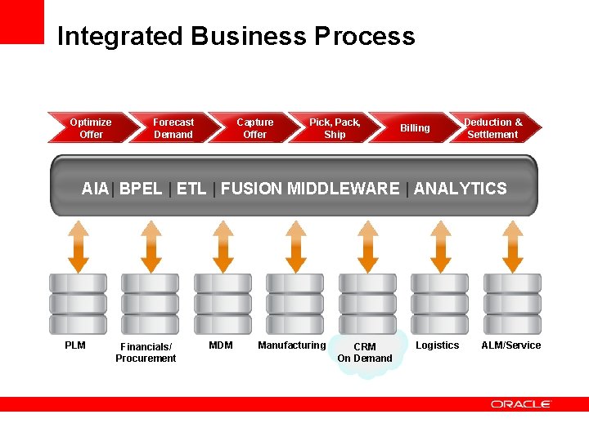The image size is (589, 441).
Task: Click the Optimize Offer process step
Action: tap(90, 128)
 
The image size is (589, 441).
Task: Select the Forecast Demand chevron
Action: tap(173, 128)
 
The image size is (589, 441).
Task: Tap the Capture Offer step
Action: tap(254, 128)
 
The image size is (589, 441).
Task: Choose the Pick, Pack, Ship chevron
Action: tap(335, 128)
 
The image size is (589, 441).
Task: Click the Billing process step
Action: tap(415, 128)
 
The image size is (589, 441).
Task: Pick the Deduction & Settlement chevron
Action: tap(493, 128)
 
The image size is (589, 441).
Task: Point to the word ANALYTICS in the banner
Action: tap(460, 189)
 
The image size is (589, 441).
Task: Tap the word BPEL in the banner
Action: tap(141, 189)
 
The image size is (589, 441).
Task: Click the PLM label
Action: tap(75, 345)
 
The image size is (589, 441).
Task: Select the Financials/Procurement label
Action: tap(146, 353)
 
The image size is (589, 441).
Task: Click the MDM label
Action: tap(221, 345)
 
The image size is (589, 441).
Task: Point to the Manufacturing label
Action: tap(291, 345)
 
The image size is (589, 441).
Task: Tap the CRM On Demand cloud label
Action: tap(365, 353)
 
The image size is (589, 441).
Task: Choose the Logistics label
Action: tap(438, 345)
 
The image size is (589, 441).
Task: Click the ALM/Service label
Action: tap(511, 345)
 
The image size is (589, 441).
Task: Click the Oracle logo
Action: tap(521, 404)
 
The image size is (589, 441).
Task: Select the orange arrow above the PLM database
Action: tap(79, 246)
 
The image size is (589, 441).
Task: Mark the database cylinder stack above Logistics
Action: tap(440, 303)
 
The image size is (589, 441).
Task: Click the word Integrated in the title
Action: tap(120, 37)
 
